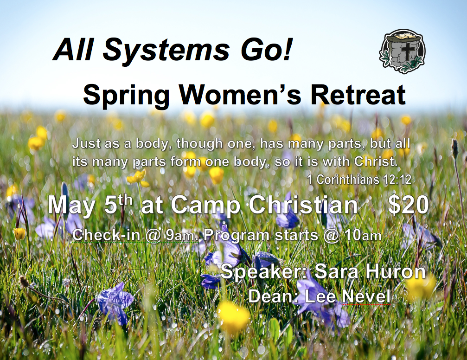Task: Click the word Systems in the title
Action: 166,51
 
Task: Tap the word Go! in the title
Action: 267,49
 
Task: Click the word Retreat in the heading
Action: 358,95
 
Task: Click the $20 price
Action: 408,205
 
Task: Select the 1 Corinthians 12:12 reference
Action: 359,180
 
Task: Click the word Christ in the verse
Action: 376,161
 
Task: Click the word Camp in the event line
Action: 205,205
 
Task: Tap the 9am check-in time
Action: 180,235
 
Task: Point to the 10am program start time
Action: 363,235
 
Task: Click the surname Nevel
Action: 366,296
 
